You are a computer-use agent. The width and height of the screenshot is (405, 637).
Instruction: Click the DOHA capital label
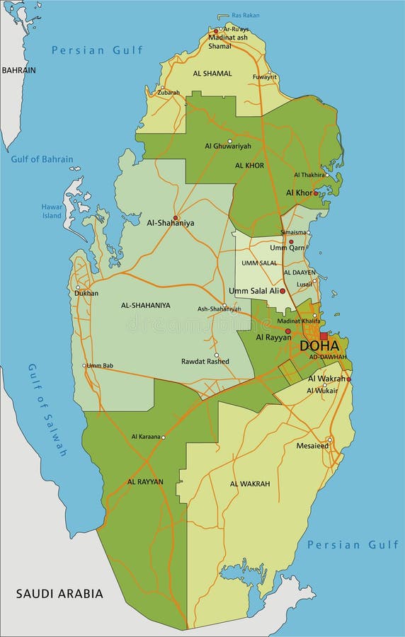point(319,346)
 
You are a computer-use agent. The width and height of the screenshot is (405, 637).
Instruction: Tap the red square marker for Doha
point(324,336)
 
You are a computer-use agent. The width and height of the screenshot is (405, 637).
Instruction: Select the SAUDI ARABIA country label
point(59,593)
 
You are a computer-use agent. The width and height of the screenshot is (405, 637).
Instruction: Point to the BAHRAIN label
point(18,70)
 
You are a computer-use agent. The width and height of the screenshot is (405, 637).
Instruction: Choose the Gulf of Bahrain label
point(42,159)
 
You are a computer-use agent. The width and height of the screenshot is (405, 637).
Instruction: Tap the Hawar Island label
point(52,211)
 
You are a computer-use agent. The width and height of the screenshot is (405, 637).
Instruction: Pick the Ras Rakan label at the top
point(246,15)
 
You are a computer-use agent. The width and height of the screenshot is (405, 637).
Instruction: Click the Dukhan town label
point(87,292)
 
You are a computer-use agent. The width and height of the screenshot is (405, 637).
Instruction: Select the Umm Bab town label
point(99,365)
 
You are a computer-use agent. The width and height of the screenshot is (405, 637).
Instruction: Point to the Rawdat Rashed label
point(205,361)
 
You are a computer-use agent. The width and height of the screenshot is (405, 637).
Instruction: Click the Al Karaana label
point(146,437)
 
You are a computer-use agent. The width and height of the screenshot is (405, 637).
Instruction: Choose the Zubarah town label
point(169,92)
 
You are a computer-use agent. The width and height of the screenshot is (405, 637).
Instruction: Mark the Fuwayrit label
point(264,76)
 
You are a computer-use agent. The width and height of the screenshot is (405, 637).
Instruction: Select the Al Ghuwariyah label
point(228,146)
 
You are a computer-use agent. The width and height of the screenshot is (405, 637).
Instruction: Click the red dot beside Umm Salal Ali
point(283,291)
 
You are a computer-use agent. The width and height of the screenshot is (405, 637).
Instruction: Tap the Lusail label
point(304,283)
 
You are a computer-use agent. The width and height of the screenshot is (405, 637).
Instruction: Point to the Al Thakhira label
point(309,175)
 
